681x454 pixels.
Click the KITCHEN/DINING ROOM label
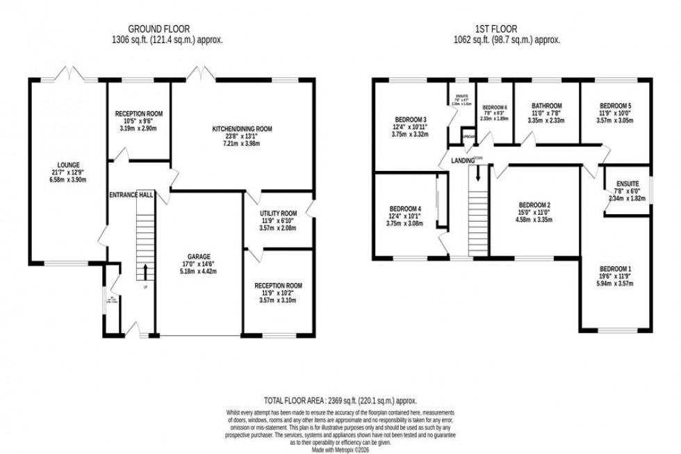coord(243,129)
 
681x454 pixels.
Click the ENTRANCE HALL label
coord(131,197)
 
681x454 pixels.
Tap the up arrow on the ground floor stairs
coord(145,270)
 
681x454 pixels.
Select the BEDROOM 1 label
coord(616,269)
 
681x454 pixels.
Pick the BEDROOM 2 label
coord(534,204)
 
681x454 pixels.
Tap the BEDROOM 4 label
coord(405,209)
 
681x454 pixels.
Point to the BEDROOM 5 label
coord(616,106)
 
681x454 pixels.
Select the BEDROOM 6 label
coord(494,107)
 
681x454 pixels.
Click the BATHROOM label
coord(545,106)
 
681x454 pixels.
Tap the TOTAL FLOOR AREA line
coord(340,400)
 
